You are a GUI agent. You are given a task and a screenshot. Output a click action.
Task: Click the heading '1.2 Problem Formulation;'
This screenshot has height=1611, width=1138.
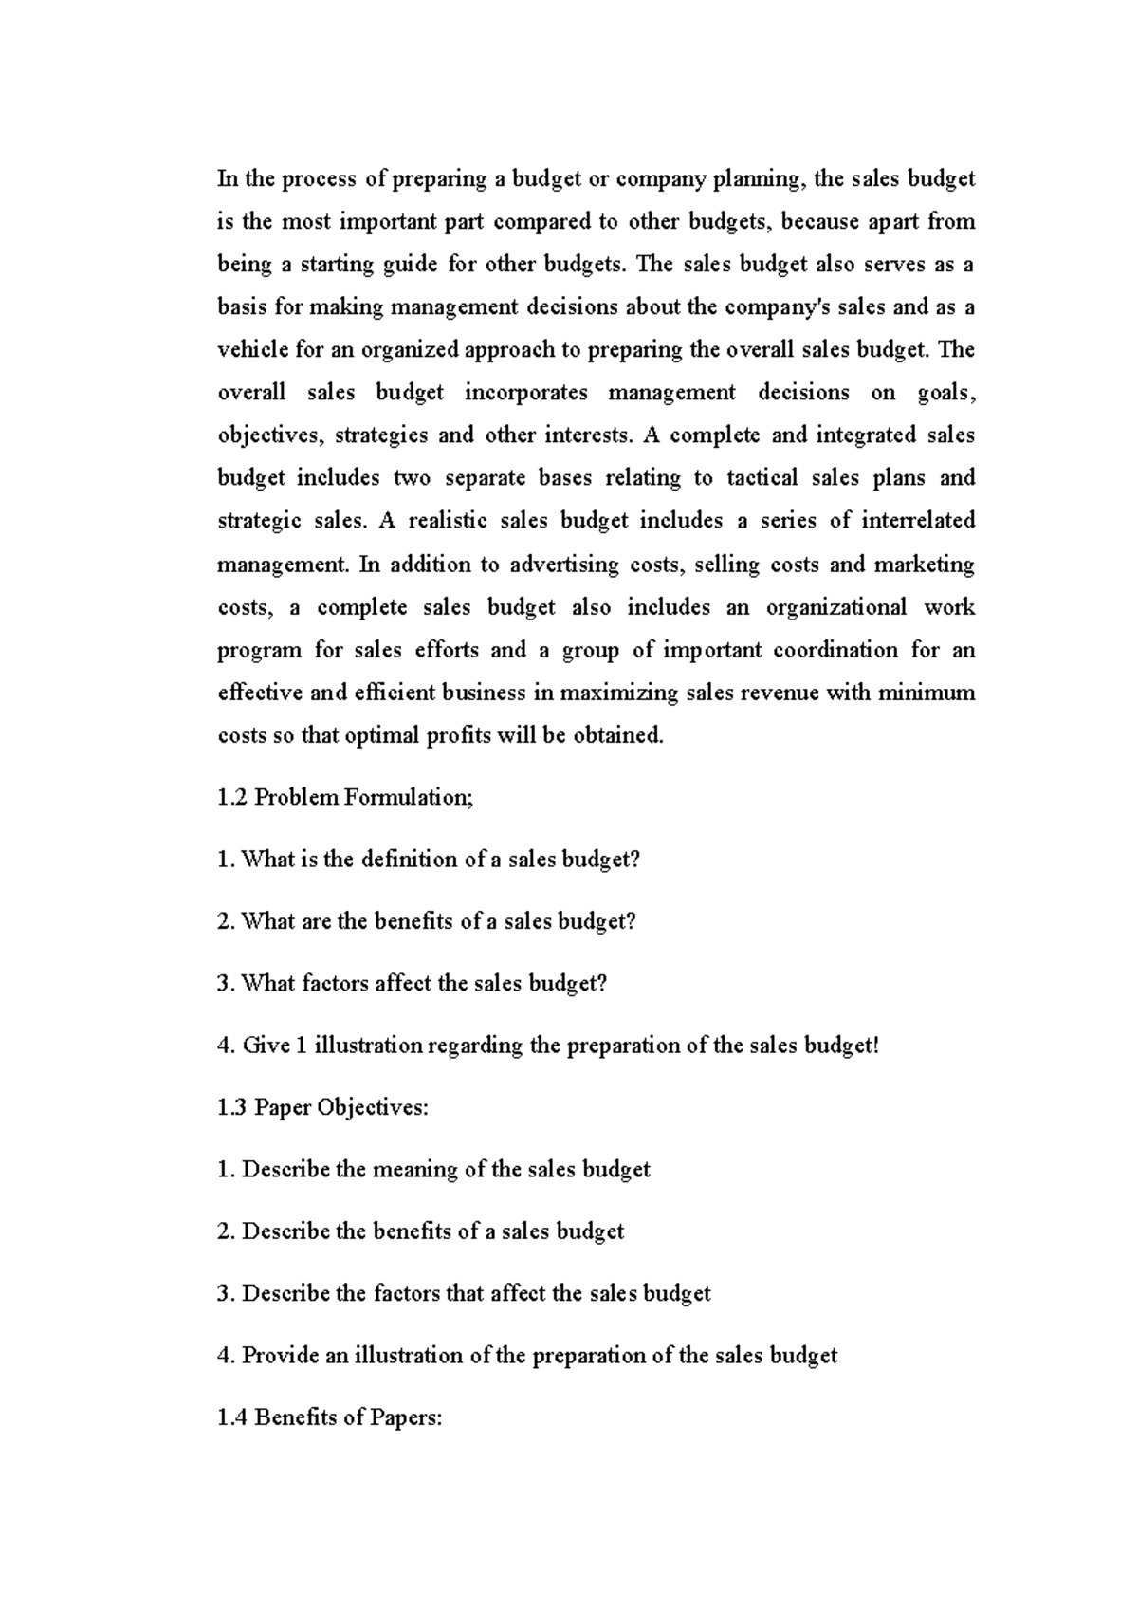point(345,798)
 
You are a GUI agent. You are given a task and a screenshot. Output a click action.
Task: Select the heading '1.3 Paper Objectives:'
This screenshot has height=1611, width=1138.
point(322,1108)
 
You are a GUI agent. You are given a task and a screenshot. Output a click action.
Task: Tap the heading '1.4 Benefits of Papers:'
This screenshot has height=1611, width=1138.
point(330,1418)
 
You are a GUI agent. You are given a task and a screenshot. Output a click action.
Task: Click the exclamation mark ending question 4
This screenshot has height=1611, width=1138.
point(877,1046)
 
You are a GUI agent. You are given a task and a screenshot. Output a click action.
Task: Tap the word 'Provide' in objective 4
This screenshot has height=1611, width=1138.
point(281,1356)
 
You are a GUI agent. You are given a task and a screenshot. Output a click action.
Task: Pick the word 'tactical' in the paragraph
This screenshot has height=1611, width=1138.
point(762,478)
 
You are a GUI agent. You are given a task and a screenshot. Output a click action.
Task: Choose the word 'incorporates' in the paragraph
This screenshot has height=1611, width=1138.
point(525,393)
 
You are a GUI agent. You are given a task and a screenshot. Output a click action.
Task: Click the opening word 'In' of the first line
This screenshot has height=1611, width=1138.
point(227,179)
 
